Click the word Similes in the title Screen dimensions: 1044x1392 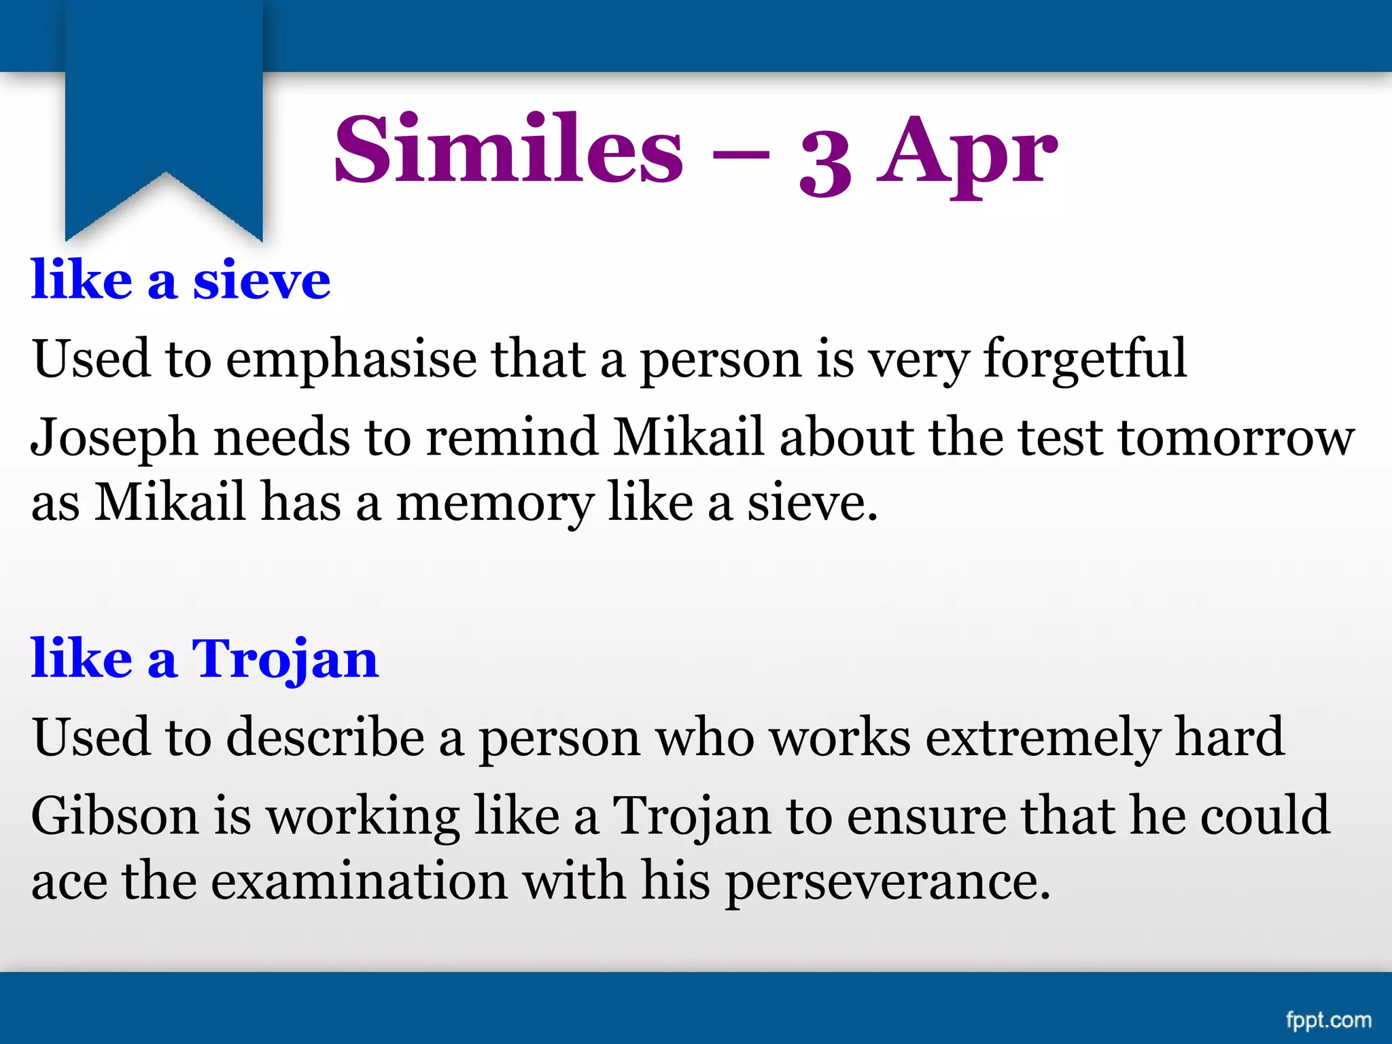click(x=508, y=150)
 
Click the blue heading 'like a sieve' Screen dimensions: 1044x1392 click(x=181, y=280)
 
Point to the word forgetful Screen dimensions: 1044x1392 click(x=1085, y=359)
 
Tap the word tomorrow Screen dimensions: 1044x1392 click(x=1236, y=437)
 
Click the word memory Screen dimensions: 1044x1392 click(x=495, y=504)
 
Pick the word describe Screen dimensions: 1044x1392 click(x=325, y=737)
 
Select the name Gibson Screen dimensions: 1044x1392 click(x=114, y=816)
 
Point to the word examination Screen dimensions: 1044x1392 click(x=359, y=881)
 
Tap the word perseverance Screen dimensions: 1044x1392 click(x=887, y=882)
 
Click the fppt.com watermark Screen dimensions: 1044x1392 click(x=1328, y=1020)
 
